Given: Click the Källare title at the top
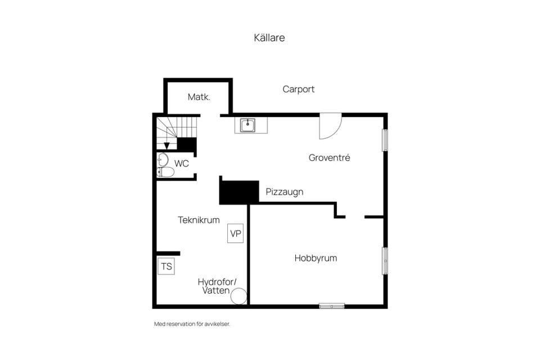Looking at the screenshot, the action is pos(269,38).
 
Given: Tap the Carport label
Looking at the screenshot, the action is pos(298,89).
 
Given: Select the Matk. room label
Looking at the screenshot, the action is pos(199,97).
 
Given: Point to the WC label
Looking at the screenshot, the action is pos(182,163).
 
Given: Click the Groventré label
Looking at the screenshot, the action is pos(329,157).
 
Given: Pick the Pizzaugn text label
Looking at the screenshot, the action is pos(285,192).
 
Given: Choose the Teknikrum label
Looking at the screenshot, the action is pos(199,220).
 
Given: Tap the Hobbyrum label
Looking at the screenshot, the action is pos(316,258).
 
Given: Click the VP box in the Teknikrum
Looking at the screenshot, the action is pos(236,233).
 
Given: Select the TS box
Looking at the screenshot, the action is pos(166,266).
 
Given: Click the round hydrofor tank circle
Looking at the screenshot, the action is pos(238,296).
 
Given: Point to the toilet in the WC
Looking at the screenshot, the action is pos(165,172).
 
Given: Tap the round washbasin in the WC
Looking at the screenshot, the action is pos(163,160).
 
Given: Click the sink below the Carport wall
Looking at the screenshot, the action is pos(247,125).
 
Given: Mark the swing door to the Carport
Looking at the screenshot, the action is pos(330,126).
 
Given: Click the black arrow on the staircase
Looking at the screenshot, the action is pos(166,146).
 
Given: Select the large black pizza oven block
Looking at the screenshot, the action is pos(239,192).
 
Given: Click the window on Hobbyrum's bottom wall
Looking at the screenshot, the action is pos(332,306).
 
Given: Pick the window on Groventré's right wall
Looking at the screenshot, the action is pos(385,140).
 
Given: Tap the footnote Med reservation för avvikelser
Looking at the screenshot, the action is pos(192,324).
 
